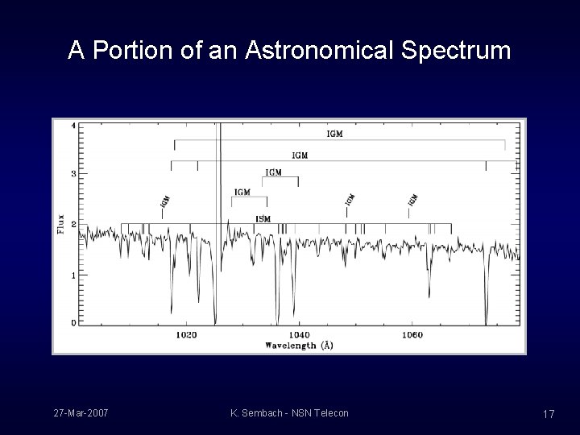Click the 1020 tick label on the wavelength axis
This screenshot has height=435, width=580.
tap(185, 335)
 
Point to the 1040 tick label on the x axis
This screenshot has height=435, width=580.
tap(298, 335)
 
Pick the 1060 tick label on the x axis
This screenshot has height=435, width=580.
tap(411, 335)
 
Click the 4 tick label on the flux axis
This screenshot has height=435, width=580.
tap(73, 126)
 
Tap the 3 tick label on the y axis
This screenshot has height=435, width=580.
tap(73, 174)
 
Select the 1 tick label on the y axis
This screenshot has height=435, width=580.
tap(73, 275)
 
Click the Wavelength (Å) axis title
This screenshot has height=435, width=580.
tap(299, 346)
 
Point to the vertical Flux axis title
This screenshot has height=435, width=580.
tap(61, 223)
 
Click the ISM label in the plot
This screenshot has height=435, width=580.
tap(263, 218)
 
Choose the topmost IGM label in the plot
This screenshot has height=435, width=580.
tap(334, 134)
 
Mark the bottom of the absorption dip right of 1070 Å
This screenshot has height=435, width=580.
tap(486, 319)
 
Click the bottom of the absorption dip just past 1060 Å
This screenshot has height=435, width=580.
tap(429, 294)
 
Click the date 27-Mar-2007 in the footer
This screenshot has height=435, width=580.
tap(81, 413)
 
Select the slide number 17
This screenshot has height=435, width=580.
tap(549, 414)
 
